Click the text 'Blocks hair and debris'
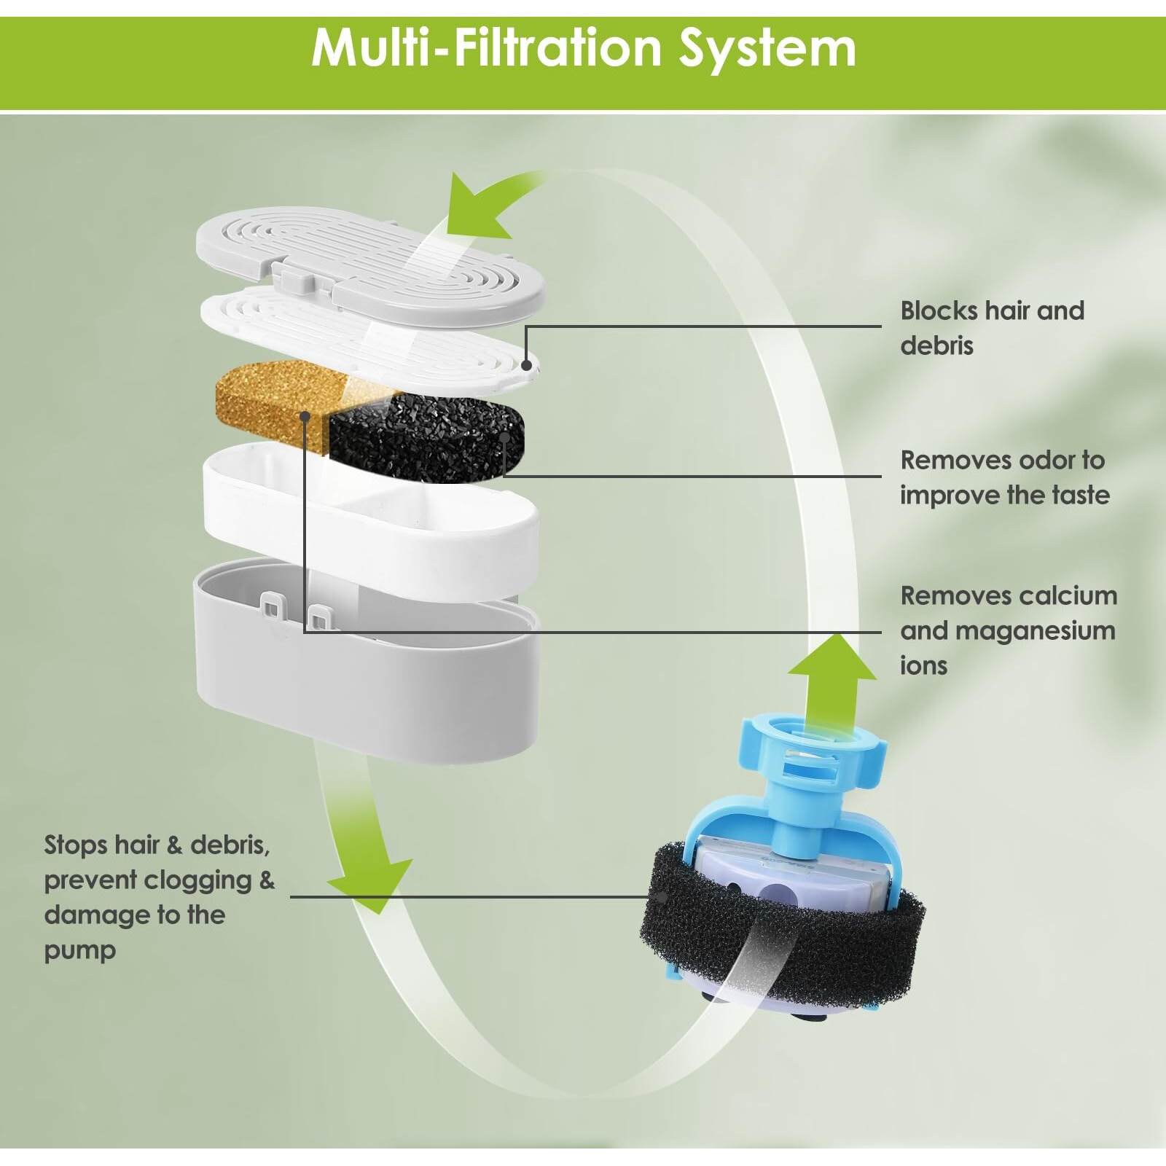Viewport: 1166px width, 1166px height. click(x=991, y=328)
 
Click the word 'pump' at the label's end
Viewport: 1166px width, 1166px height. click(x=80, y=950)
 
